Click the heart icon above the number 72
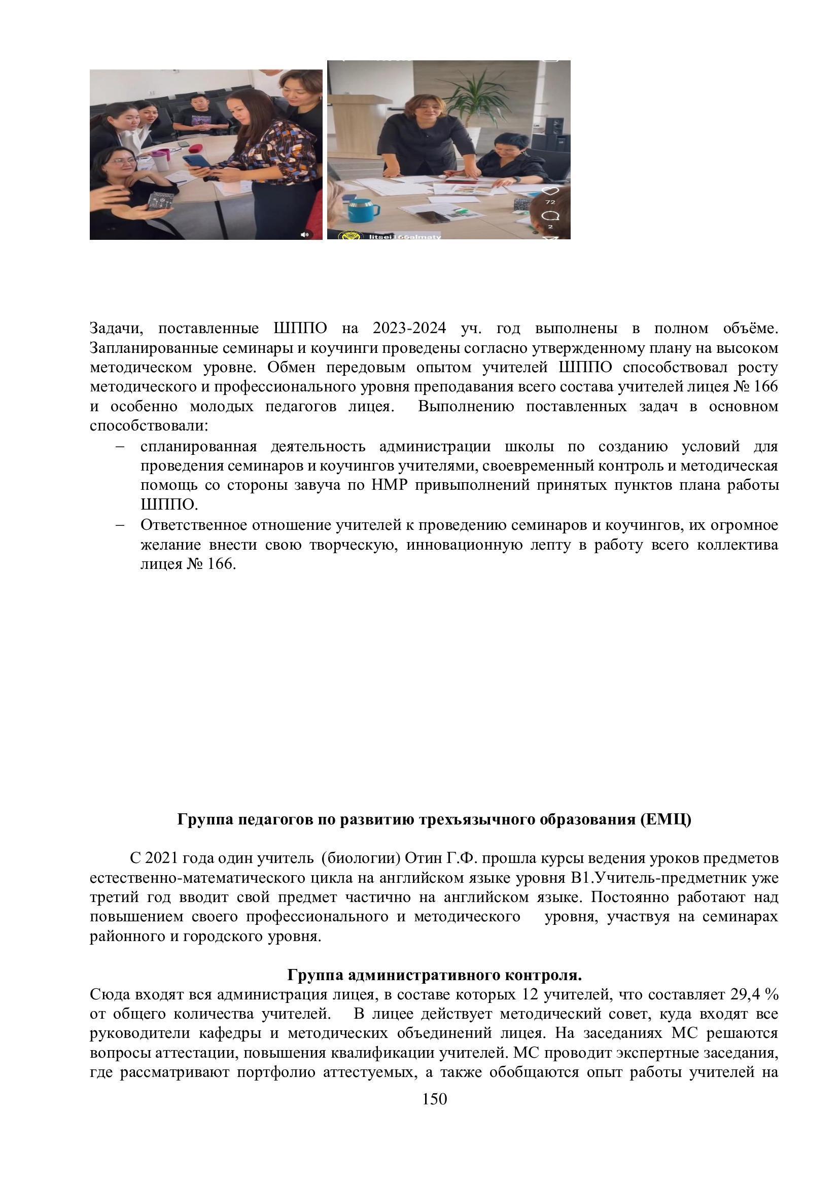click(x=551, y=191)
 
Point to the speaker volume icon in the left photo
click(x=305, y=235)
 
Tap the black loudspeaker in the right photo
click(x=553, y=129)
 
